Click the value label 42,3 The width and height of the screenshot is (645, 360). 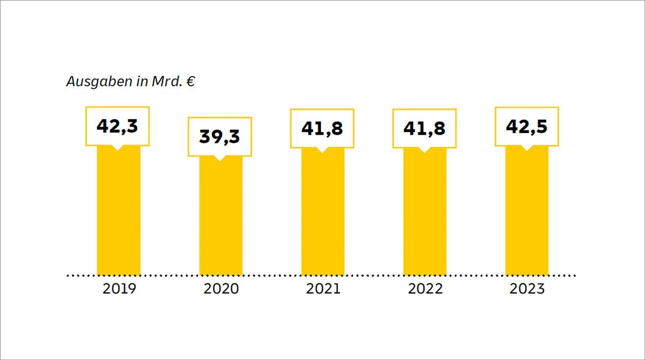coord(118,126)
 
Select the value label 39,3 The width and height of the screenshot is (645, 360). coord(220,136)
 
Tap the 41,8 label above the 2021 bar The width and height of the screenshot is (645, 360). coord(322,128)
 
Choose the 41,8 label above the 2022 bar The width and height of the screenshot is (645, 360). coord(424,128)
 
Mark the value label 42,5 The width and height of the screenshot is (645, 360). coord(526,126)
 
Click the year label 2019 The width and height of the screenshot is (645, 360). coord(119,289)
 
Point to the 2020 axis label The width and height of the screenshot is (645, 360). coord(221,289)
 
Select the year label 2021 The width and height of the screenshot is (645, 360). coord(323,289)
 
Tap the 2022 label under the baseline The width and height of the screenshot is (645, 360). coord(425,289)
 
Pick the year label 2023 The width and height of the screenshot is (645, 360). coord(527,289)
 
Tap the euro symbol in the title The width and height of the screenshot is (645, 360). coord(190,82)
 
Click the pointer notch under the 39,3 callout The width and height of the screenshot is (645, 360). coord(220,158)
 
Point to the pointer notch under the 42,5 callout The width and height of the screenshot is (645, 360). coord(526,148)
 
